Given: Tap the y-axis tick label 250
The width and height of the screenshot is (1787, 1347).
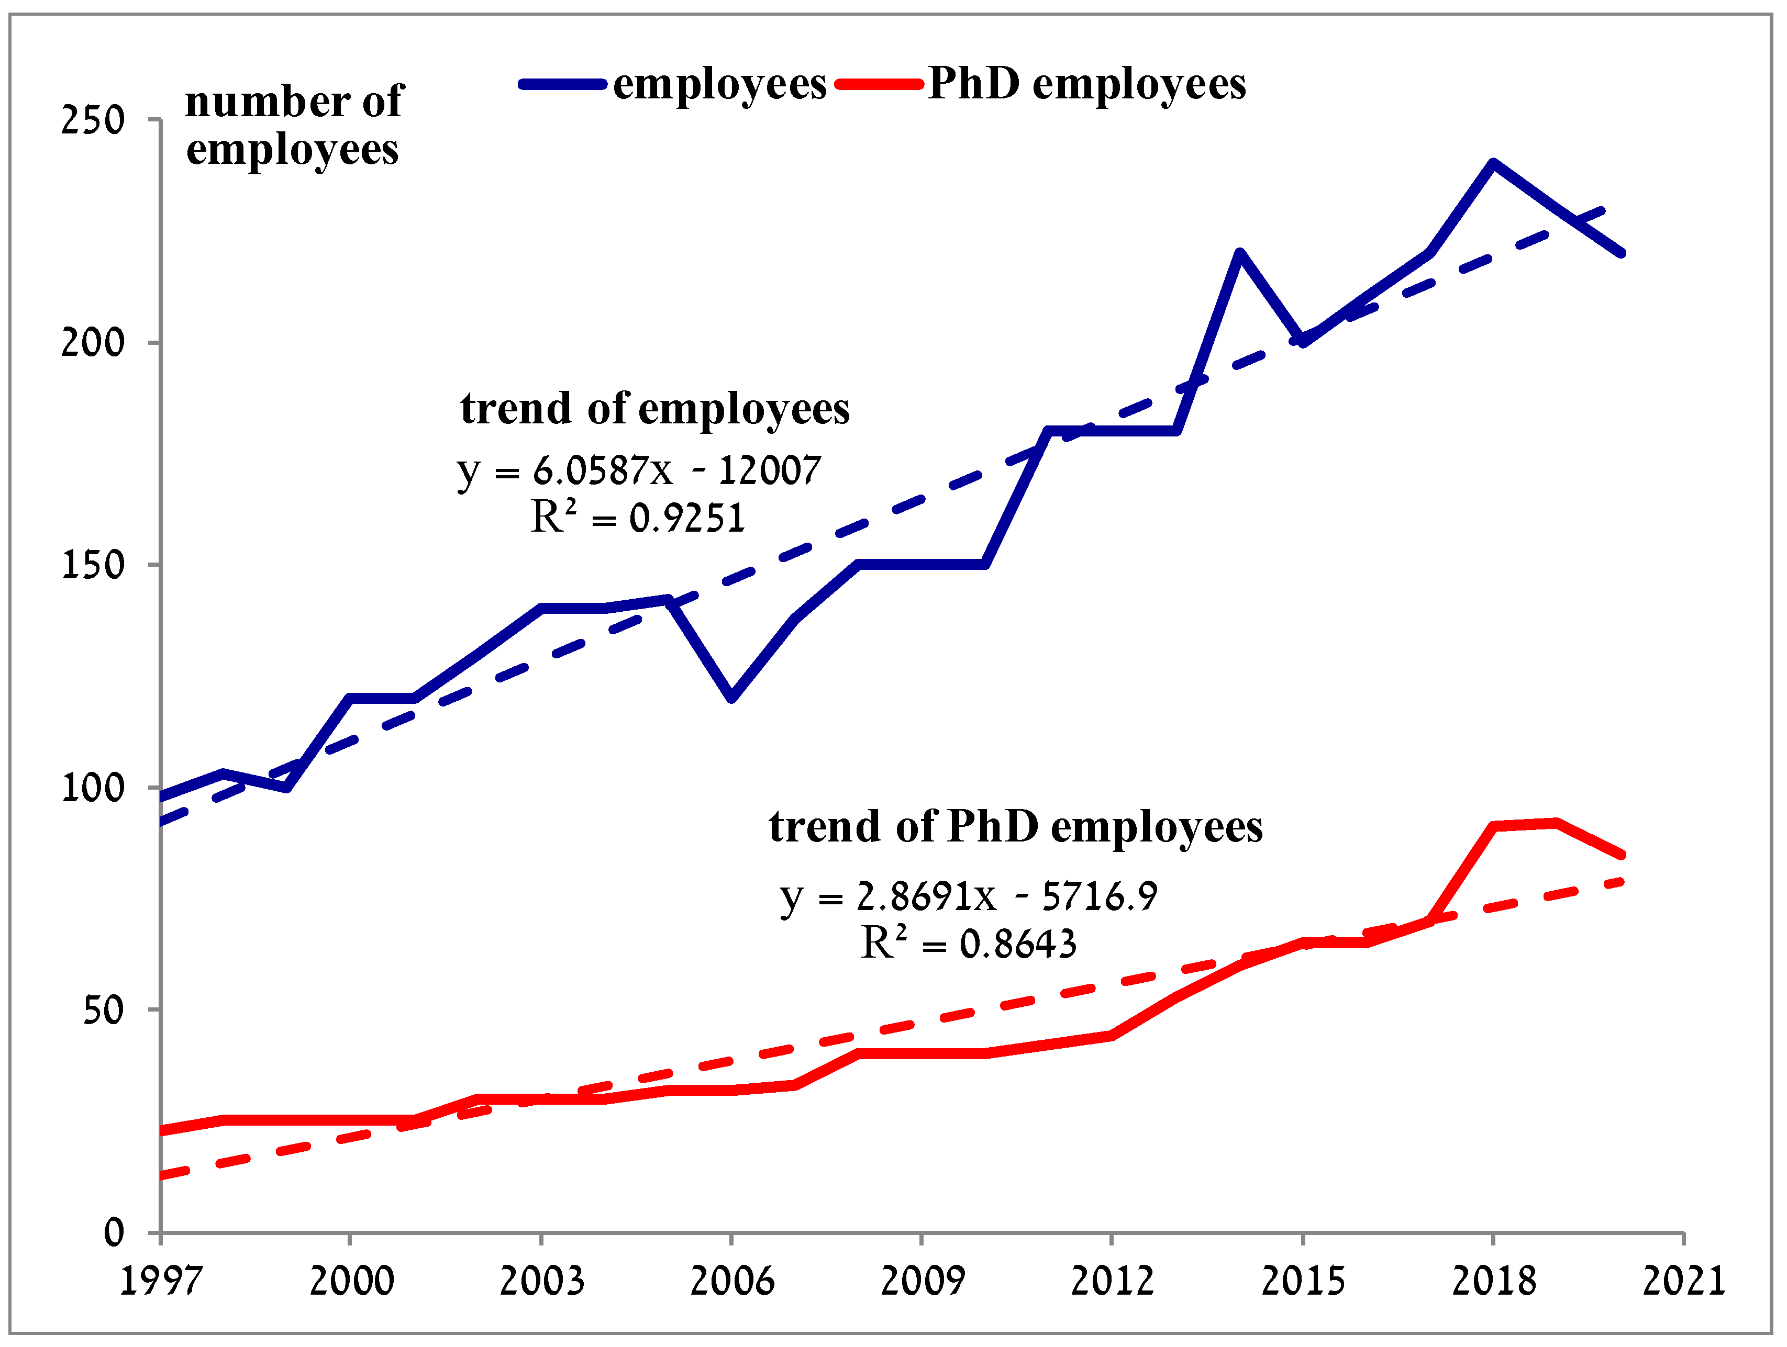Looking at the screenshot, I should click(93, 121).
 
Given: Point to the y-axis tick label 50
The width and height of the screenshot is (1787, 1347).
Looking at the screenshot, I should click(103, 1010).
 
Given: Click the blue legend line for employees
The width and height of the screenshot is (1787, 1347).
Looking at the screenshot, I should click(562, 84).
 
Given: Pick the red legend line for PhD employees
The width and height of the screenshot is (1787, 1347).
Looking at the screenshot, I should click(879, 84).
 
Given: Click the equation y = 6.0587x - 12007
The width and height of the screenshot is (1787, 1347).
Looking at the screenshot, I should click(638, 470).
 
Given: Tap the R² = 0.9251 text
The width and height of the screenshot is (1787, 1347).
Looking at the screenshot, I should click(637, 518).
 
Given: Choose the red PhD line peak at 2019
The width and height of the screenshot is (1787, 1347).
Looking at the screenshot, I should click(1556, 823).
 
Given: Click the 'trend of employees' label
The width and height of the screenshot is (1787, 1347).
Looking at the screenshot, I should click(654, 409).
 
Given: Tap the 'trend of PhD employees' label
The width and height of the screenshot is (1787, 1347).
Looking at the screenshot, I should click(1015, 827).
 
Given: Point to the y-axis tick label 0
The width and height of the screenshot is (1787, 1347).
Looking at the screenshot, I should click(114, 1232).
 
